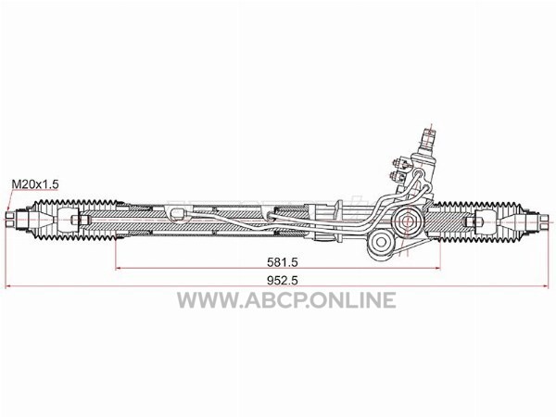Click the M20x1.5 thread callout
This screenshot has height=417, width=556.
click(x=35, y=184)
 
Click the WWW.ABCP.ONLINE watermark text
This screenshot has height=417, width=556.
click(x=286, y=300)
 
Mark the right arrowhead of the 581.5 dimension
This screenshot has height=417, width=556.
click(x=436, y=269)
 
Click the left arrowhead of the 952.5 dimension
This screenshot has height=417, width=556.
click(x=8, y=286)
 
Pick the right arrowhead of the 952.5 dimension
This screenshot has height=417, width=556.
click(x=545, y=286)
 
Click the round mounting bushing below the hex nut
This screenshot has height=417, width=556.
click(x=381, y=242)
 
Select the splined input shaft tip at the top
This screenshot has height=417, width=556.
click(x=428, y=136)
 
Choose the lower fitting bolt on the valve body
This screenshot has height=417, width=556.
click(x=398, y=176)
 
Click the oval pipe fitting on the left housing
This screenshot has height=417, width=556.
click(x=178, y=214)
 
